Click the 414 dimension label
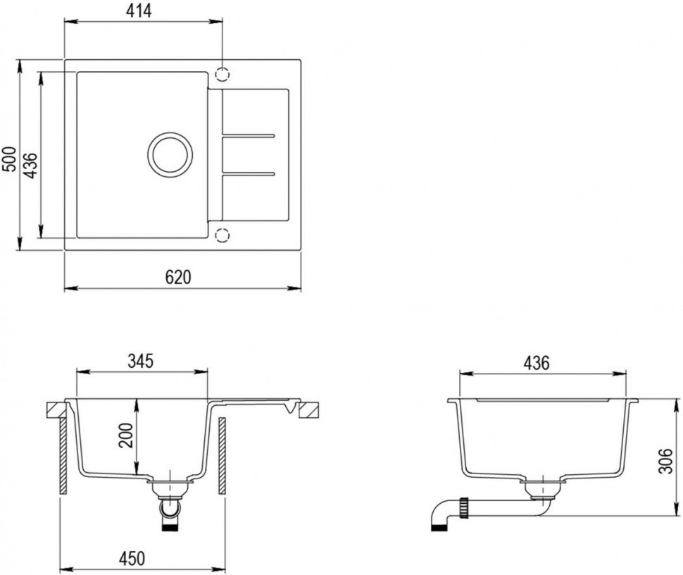139,11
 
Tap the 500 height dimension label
9,159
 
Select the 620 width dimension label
179,276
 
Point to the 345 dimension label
140,361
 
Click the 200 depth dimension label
126,435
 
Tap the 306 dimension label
665,460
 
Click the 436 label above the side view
537,363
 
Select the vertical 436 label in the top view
30,165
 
